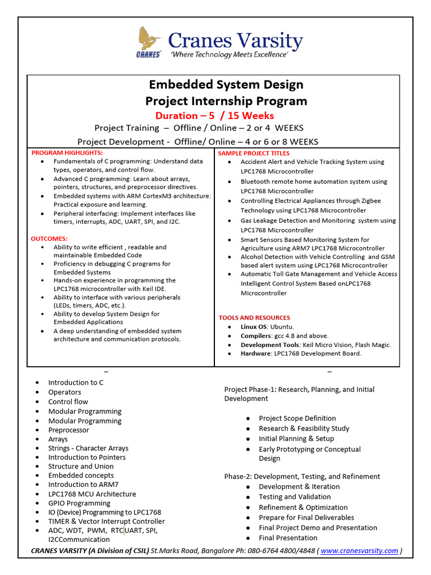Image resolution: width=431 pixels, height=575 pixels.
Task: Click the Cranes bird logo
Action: point(149,42)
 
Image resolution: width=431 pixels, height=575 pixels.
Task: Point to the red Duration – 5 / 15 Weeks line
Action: point(214,116)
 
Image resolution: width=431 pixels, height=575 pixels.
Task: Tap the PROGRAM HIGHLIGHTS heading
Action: point(67,153)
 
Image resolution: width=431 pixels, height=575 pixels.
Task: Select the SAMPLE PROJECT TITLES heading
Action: point(254,153)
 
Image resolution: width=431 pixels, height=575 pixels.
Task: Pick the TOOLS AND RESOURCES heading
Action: point(254,318)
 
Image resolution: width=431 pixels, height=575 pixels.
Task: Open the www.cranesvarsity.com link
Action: point(359,551)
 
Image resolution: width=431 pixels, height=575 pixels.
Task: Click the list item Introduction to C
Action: point(76,382)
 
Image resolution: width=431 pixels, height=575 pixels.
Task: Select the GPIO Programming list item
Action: point(79,503)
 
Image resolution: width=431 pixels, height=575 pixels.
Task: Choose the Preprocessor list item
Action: point(68,430)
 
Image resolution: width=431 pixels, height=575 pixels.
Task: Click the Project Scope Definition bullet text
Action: point(297,418)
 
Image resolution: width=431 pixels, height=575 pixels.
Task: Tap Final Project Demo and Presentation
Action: point(318,528)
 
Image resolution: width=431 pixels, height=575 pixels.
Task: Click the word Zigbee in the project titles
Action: point(369,200)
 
